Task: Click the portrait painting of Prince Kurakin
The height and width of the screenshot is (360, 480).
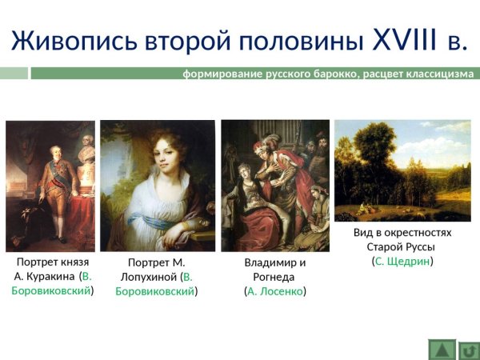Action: [50, 186]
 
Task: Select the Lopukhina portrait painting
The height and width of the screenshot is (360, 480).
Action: [158, 186]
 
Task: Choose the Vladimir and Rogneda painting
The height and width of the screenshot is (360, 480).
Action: [274, 186]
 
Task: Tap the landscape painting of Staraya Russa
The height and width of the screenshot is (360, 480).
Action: [402, 170]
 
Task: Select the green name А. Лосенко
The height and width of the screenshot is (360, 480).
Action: [274, 291]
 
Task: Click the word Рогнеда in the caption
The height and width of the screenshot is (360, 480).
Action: [274, 277]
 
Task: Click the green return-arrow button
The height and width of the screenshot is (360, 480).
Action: [468, 350]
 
